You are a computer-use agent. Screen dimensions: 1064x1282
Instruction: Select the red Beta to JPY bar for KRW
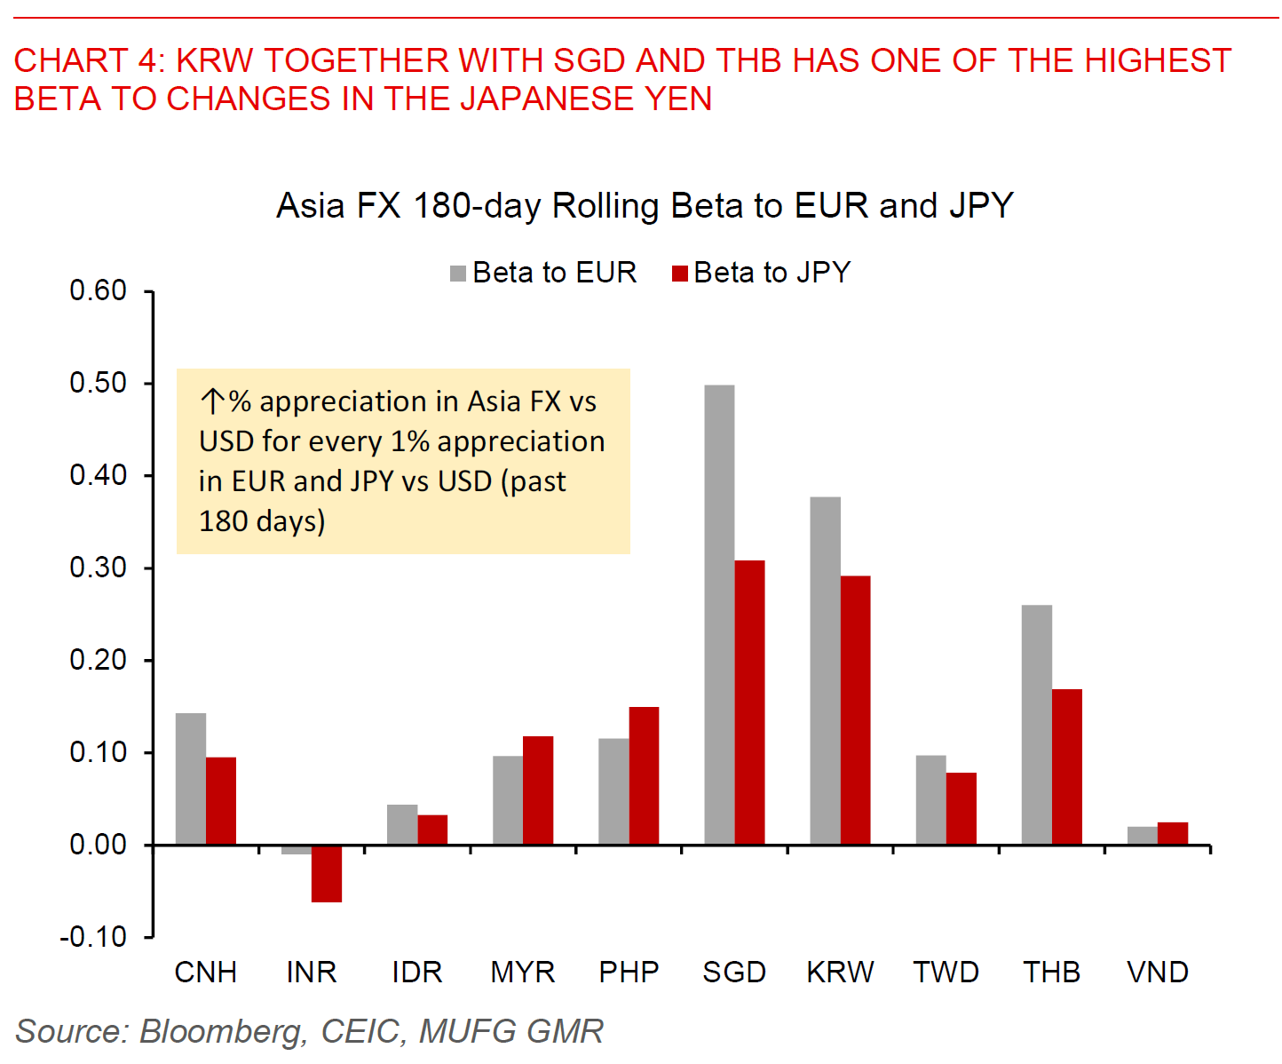(855, 710)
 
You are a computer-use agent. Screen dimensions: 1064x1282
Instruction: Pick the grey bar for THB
(1036, 725)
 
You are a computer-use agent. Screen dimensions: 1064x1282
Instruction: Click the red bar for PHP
(644, 775)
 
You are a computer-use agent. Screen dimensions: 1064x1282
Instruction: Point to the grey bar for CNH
(191, 779)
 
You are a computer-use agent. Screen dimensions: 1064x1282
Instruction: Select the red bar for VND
(1172, 833)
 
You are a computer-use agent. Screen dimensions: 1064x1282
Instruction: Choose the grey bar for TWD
(930, 799)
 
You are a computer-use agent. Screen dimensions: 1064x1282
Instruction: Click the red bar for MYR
(538, 790)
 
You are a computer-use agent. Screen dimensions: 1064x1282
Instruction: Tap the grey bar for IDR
(402, 824)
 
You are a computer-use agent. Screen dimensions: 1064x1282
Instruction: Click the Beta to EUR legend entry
(544, 273)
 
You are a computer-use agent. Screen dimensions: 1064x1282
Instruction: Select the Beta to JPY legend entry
(762, 273)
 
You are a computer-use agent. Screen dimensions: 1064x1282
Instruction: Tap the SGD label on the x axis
(734, 973)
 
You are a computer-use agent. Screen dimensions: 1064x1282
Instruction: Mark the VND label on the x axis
(1158, 973)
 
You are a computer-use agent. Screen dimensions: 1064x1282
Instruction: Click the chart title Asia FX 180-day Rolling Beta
(645, 206)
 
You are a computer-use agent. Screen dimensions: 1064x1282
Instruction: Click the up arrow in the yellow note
(212, 401)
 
